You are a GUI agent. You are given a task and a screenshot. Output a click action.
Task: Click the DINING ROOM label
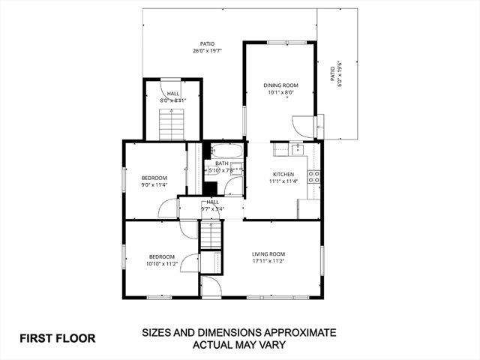280,85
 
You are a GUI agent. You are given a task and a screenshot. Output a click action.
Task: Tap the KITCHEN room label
283,173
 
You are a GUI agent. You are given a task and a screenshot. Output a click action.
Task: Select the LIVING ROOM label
268,253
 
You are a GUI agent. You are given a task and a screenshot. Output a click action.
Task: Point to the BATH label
222,163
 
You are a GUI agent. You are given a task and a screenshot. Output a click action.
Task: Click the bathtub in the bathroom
226,150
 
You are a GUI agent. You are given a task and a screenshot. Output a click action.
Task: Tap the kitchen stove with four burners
316,177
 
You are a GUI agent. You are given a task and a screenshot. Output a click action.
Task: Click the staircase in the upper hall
172,123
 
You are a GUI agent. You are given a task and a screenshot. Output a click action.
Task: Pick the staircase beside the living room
211,235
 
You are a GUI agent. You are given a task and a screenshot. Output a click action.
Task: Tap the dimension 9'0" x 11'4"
154,185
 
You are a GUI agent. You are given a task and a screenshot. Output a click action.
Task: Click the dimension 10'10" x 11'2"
161,263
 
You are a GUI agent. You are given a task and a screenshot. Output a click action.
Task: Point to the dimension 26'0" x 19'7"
208,51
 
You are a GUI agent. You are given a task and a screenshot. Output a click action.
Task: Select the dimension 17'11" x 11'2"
268,261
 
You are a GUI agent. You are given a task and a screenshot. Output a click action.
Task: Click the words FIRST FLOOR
58,338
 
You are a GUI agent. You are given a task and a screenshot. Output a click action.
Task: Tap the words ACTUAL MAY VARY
239,345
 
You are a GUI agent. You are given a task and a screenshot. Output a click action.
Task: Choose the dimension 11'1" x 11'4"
283,181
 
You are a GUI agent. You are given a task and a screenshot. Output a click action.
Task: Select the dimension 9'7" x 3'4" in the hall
213,209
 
